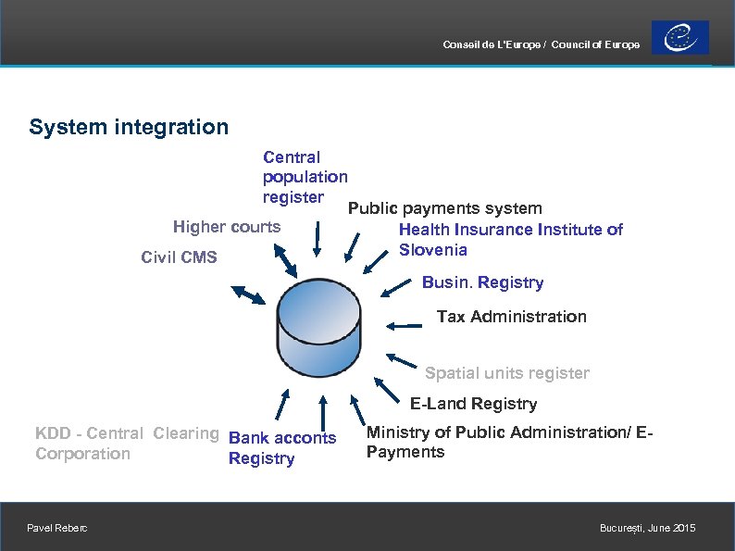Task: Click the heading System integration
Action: tap(129, 127)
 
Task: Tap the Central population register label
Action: tap(305, 177)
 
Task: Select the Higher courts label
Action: tap(227, 227)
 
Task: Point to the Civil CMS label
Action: tap(179, 257)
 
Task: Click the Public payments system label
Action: tap(445, 209)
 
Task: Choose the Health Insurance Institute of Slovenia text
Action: tap(510, 239)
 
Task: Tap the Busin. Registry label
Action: tap(482, 282)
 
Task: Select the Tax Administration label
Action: tap(511, 317)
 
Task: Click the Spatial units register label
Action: tap(506, 373)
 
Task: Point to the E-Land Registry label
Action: tap(473, 404)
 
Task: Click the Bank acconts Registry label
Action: tap(281, 448)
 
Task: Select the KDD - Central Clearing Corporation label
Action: tap(127, 443)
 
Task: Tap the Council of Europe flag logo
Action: tap(679, 38)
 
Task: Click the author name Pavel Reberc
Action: tap(58, 528)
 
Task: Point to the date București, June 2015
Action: tap(647, 528)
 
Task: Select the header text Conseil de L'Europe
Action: tap(492, 45)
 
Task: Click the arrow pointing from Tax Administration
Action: tap(404, 325)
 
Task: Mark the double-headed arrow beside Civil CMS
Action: tap(247, 295)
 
